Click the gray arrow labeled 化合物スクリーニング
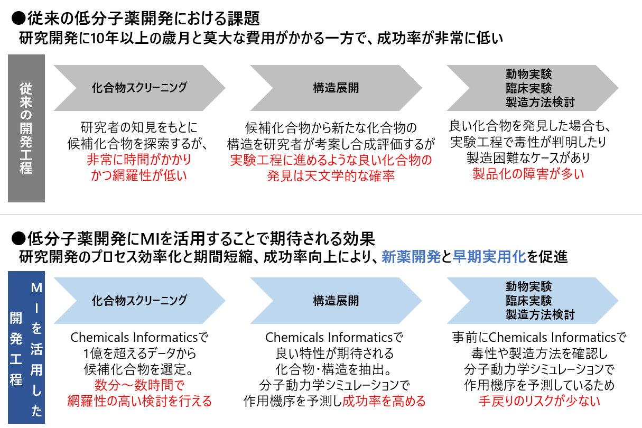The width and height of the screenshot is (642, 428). point(139,88)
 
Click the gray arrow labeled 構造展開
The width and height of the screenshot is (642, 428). point(336,88)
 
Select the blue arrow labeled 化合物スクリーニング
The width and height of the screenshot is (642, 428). point(139,300)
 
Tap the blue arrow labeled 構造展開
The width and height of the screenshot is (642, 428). point(336,300)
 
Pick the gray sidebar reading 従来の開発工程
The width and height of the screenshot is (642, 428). point(26,128)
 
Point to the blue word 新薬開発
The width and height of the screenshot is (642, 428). point(411,257)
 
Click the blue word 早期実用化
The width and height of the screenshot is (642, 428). point(489,257)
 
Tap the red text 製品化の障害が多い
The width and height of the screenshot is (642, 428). point(528,173)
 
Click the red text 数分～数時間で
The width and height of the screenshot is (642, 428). point(139,385)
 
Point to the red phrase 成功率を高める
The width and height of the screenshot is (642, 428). point(384,401)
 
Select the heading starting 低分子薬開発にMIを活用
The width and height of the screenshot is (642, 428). point(193,238)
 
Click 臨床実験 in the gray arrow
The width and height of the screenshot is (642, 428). point(528,88)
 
